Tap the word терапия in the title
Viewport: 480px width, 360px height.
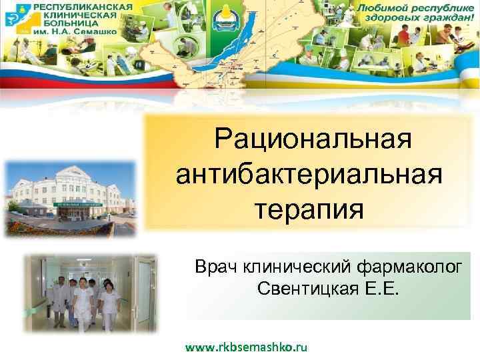(x=309, y=210)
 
